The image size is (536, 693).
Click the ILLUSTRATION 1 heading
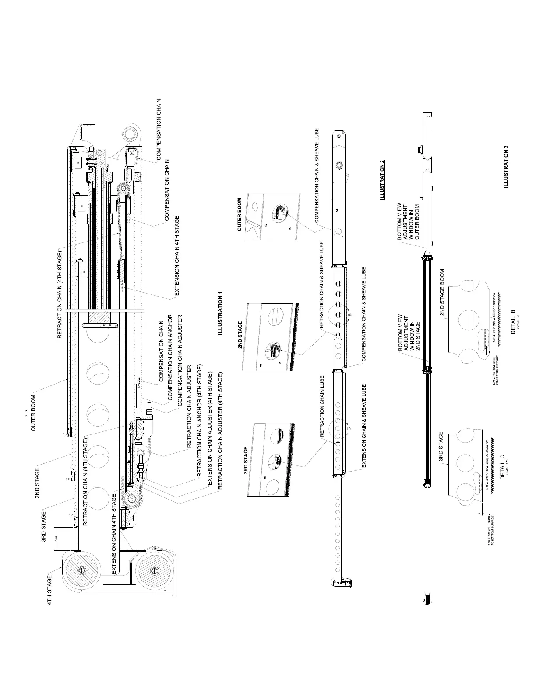[220, 313]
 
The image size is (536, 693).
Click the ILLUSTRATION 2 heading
[382, 179]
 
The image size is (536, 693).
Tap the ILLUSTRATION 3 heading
[506, 167]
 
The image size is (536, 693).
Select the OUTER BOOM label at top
[33, 413]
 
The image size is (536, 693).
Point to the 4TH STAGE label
[49, 590]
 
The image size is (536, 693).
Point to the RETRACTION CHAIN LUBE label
[322, 407]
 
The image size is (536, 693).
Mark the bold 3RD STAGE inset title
[246, 461]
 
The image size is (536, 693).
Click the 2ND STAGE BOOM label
[442, 292]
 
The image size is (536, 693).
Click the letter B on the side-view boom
[349, 315]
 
